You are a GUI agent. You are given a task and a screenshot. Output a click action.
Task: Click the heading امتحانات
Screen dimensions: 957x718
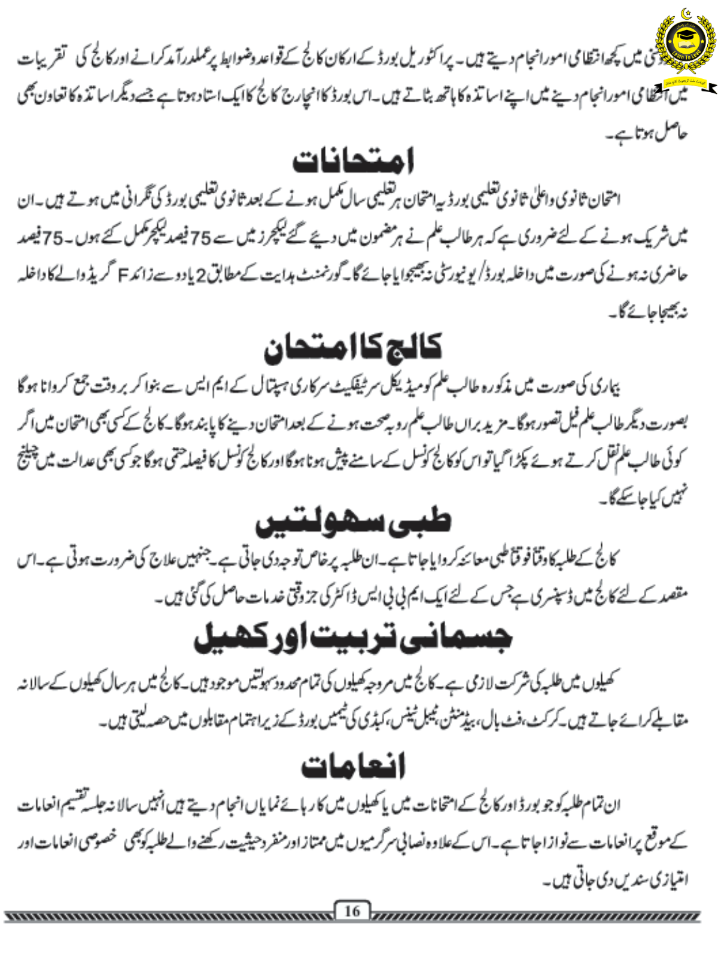(353, 160)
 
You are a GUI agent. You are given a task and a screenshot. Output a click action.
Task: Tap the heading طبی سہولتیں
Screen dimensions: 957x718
(353, 522)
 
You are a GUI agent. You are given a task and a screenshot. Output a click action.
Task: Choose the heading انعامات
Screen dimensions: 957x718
(353, 766)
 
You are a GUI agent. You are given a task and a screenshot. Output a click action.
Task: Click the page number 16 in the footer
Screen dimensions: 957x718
(352, 911)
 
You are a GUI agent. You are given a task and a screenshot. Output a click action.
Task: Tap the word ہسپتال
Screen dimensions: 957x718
(321, 388)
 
